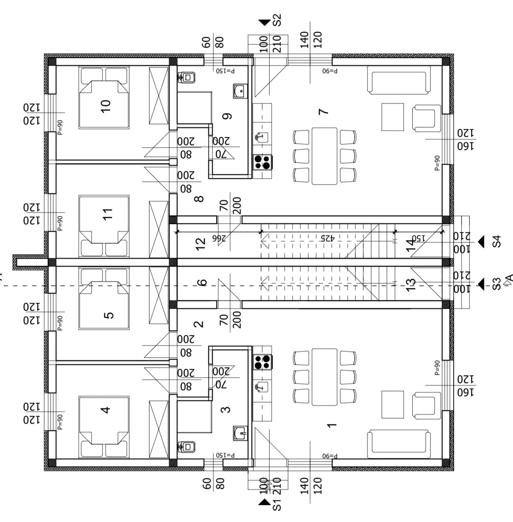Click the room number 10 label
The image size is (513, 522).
coord(106,106)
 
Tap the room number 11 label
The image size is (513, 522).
coord(107,214)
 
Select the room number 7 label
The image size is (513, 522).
coord(324,112)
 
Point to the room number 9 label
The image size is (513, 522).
coord(227,116)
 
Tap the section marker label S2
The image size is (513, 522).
coord(277,20)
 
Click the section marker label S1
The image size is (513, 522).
coord(277,504)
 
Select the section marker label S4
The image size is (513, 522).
coord(496,242)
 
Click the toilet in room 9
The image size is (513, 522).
coord(187,78)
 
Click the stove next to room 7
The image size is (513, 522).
coord(263,162)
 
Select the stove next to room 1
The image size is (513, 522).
coord(263,362)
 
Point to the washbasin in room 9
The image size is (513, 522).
coord(241,91)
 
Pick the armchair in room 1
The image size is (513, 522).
coord(427,405)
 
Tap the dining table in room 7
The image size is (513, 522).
coord(324,156)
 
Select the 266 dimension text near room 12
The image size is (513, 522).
coord(219,238)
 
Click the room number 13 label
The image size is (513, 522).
coord(411,285)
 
